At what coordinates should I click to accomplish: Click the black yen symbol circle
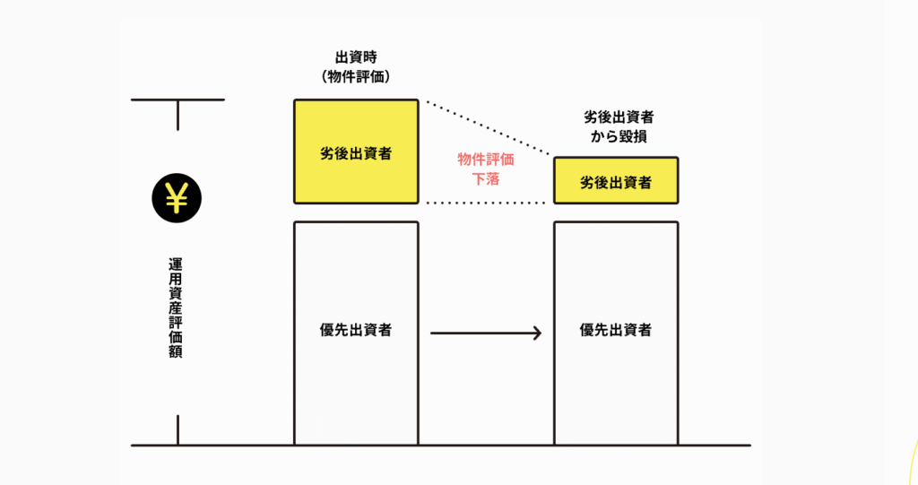(177, 196)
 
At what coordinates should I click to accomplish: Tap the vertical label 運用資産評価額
(177, 308)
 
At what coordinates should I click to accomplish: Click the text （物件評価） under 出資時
(355, 77)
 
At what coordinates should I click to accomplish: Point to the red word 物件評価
(486, 160)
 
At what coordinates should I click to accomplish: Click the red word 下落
(486, 179)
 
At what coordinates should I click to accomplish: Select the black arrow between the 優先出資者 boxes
(484, 333)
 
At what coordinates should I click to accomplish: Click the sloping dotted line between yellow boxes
(489, 127)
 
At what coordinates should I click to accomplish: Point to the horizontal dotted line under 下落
(486, 204)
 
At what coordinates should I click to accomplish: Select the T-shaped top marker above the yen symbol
(178, 105)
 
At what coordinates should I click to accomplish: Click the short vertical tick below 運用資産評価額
(178, 429)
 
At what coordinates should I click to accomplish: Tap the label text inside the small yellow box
(615, 182)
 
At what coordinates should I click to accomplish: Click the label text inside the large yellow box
(356, 153)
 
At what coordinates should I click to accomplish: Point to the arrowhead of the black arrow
(536, 333)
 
